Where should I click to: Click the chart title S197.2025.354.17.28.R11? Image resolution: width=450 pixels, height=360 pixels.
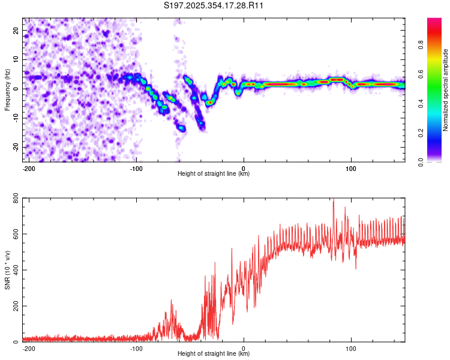pyautogui.click(x=214, y=6)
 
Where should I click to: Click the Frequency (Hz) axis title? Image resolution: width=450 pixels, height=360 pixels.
pyautogui.click(x=7, y=89)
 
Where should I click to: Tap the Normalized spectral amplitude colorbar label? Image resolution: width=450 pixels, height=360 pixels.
pyautogui.click(x=446, y=90)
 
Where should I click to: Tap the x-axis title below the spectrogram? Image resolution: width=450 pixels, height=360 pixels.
pyautogui.click(x=214, y=174)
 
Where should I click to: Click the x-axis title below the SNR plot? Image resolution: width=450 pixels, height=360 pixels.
pyautogui.click(x=214, y=354)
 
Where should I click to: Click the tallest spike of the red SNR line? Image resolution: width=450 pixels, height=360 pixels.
pyautogui.click(x=334, y=200)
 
